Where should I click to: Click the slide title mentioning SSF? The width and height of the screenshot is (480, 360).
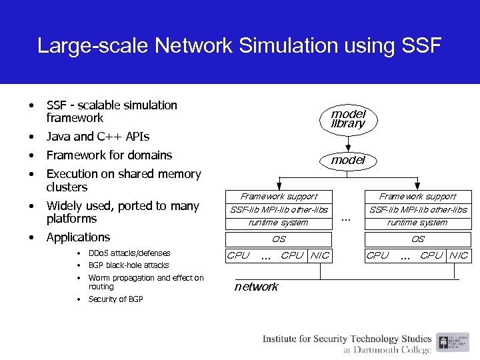click(x=239, y=45)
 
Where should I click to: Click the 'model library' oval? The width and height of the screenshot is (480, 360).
click(x=347, y=119)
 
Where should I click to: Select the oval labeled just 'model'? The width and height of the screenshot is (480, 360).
click(x=347, y=160)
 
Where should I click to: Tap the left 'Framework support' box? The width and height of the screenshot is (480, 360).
click(x=279, y=197)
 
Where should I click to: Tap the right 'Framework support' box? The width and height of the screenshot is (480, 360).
click(x=417, y=197)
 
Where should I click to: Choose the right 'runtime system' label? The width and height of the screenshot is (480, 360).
click(x=417, y=223)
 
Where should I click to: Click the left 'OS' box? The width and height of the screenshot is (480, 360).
click(x=279, y=239)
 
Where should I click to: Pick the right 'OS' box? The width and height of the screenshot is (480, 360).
click(x=417, y=239)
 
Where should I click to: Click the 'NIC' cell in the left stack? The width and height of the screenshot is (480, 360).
click(x=320, y=255)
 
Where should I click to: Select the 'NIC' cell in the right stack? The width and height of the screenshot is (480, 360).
click(x=459, y=255)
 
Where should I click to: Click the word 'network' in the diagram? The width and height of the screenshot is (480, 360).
click(x=257, y=287)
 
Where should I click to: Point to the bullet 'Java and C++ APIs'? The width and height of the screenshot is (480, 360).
click(x=97, y=137)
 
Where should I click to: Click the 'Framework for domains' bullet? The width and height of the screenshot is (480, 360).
click(x=109, y=155)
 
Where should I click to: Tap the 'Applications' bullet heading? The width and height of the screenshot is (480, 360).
click(x=78, y=237)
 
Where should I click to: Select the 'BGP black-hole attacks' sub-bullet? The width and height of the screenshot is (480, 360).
click(x=129, y=265)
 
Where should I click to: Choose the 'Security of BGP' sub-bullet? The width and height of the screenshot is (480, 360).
click(x=116, y=299)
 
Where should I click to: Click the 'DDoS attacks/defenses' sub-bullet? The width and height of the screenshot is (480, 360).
click(x=129, y=253)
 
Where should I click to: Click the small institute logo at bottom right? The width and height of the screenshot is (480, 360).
click(x=444, y=343)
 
